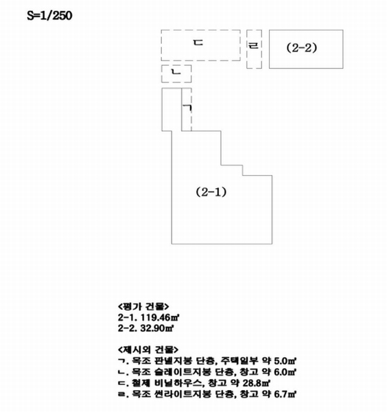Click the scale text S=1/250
tap(49, 16)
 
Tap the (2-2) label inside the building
tap(302, 48)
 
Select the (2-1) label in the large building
tap(211, 192)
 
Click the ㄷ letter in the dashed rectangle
tap(198, 43)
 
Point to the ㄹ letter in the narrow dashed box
tap(254, 46)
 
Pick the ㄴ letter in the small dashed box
tap(176, 71)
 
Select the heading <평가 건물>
tap(143, 306)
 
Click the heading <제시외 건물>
tap(148, 350)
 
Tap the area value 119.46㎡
tap(160, 317)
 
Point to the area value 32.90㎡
tap(157, 328)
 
